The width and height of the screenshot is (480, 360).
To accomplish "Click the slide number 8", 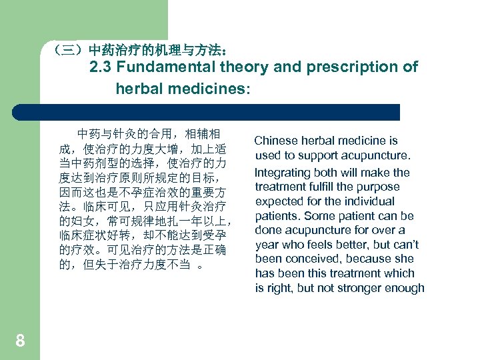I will (x=20, y=341).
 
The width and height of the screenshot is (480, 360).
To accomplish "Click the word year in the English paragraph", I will (x=266, y=245).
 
